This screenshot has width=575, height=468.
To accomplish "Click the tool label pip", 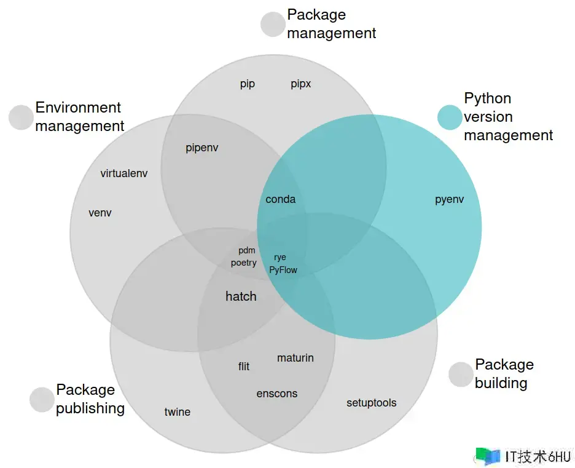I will [248, 84].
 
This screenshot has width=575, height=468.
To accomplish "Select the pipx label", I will [301, 84].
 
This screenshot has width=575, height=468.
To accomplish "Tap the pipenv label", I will [202, 148].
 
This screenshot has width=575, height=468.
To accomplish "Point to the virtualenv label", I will [124, 173].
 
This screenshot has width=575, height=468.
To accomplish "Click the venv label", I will [100, 213].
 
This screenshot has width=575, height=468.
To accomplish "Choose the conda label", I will [281, 199].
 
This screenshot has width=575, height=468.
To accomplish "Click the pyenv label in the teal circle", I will [449, 200].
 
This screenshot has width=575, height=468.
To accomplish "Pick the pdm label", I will [247, 251].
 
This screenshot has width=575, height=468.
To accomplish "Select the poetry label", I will [244, 263].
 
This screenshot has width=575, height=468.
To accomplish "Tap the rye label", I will [280, 258].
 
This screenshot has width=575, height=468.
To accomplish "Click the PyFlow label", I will [283, 270].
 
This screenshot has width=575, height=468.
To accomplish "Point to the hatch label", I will [241, 296].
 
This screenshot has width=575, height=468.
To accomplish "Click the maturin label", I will [295, 358].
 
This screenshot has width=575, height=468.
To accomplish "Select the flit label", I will [244, 367].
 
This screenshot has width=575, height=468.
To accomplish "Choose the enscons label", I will [277, 394].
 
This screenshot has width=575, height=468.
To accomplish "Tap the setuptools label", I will [372, 403].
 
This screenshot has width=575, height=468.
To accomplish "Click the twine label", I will [178, 412].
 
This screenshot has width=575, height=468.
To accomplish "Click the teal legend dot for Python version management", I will [450, 117].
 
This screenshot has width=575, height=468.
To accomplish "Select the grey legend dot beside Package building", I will [461, 375].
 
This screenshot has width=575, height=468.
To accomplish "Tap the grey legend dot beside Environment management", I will [21, 117].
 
